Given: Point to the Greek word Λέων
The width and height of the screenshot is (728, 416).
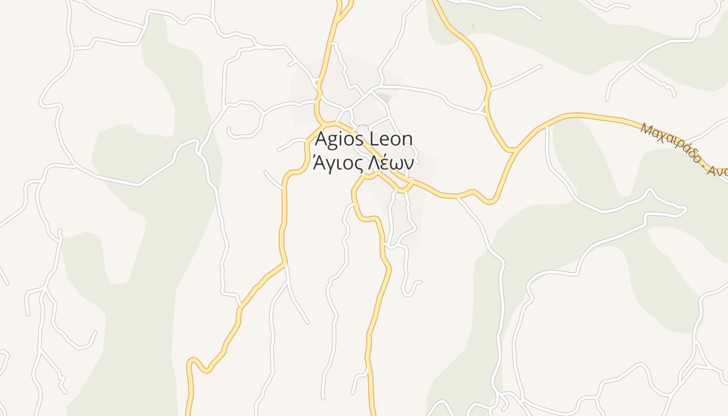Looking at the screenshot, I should coord(391,163).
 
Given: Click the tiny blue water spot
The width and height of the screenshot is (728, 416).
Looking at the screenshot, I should coord(473,26).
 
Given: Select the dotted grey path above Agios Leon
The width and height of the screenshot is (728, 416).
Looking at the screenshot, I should coord(363,125).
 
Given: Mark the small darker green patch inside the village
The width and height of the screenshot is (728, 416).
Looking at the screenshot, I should coord(384,97).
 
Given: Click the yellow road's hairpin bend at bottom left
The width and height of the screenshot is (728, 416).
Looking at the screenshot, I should coord(193,360).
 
